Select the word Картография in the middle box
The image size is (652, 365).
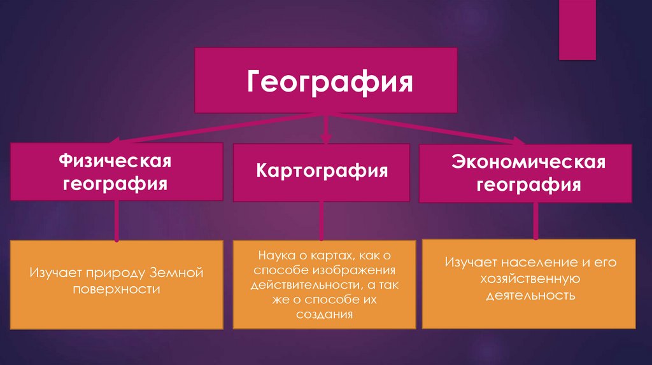(322, 172)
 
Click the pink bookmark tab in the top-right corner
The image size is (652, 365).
(577, 29)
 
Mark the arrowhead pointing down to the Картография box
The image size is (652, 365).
(325, 137)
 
